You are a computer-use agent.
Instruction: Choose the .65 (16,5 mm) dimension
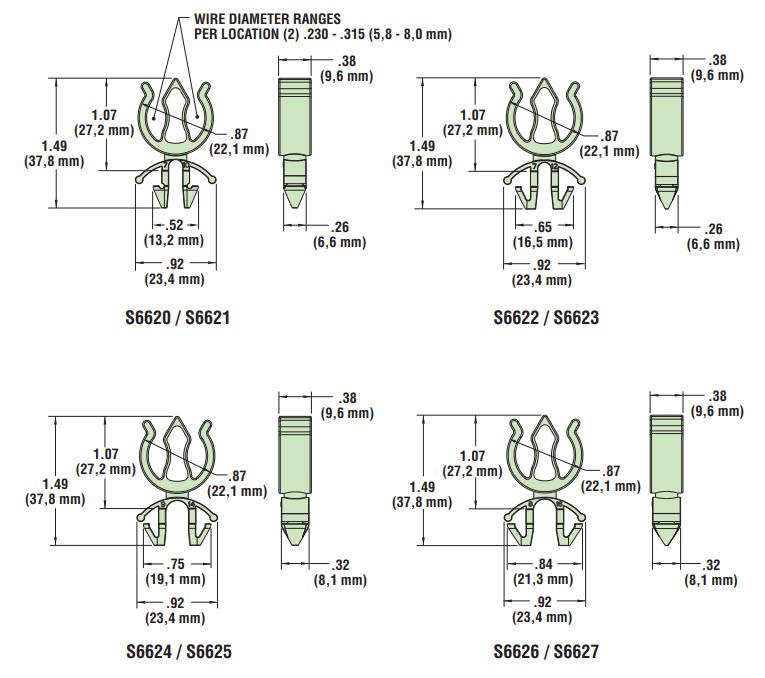pyautogui.click(x=546, y=233)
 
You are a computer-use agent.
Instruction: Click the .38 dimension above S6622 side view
pyautogui.click(x=712, y=67)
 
